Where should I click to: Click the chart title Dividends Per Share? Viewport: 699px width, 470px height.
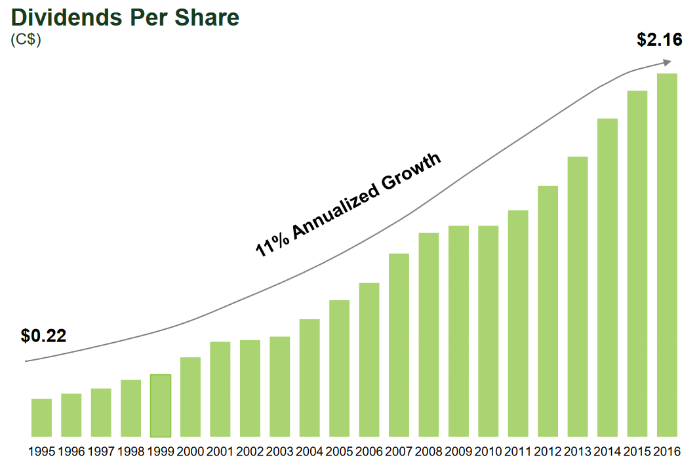[125, 18]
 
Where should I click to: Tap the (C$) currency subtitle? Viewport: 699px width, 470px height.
[26, 40]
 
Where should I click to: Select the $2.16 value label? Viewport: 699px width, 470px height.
[660, 40]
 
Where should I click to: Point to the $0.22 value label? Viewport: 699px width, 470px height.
[43, 336]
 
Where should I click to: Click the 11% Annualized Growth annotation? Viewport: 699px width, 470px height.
[348, 205]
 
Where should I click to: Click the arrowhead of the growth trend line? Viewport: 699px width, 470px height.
[667, 62]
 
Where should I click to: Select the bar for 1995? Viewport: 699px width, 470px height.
[41, 418]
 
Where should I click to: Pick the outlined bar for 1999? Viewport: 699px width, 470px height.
[161, 405]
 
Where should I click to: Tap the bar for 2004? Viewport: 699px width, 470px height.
[310, 378]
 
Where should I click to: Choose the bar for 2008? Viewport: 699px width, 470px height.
[429, 334]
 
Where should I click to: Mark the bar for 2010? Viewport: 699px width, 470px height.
[488, 331]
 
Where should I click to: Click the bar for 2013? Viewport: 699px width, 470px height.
[578, 296]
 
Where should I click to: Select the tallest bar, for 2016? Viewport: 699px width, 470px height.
[667, 255]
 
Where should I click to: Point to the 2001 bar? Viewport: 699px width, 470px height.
[220, 389]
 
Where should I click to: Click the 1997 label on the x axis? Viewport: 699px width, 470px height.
[101, 452]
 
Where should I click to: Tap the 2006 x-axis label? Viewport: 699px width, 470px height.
[369, 452]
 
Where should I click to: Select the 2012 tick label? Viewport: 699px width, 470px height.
[548, 452]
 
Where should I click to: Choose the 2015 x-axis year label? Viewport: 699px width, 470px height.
[637, 452]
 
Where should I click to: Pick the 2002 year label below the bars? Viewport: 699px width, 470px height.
[250, 452]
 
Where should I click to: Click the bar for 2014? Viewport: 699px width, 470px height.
[607, 277]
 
